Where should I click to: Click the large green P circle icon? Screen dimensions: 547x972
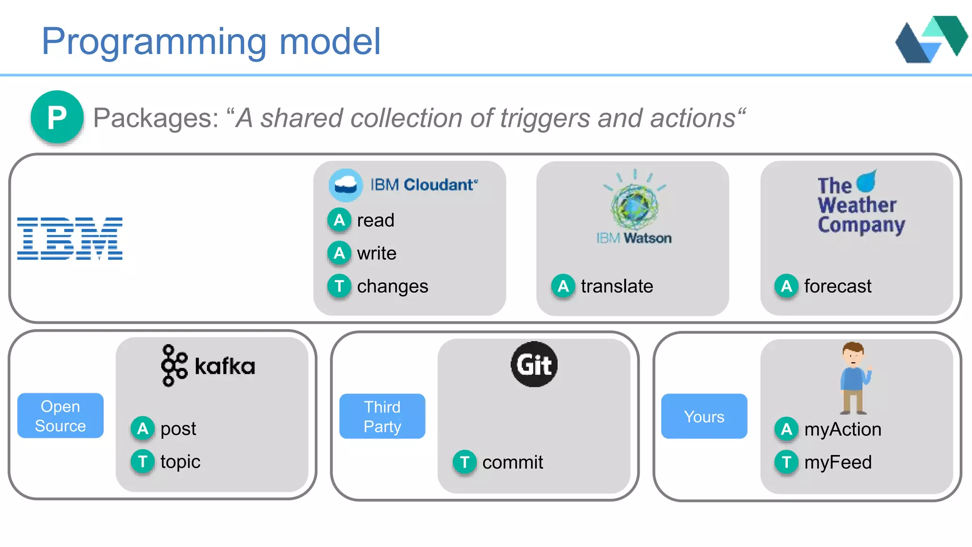pos(57,117)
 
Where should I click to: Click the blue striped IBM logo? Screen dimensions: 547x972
pos(70,238)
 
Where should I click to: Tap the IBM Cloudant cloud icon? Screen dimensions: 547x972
pos(346,185)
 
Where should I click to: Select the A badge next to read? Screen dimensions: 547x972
pos(339,220)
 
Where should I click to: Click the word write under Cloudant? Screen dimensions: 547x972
pos(376,253)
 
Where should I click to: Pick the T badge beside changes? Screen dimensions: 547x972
pos(339,286)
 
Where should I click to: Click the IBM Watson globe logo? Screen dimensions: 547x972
pos(635,205)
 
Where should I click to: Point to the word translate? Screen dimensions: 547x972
pos(617,286)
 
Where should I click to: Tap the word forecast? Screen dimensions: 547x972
pos(838,286)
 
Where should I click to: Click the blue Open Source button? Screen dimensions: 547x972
pos(60,415)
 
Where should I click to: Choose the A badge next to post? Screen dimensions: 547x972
pos(142,428)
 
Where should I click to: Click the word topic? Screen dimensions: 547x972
pos(180,462)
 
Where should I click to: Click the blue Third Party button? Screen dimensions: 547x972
pos(382,416)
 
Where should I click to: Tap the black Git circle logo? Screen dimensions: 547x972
pos(534,364)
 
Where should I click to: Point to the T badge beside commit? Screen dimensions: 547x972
pos(464,462)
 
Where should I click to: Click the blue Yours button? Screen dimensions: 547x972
pos(704,416)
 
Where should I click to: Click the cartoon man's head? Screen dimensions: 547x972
pos(853,354)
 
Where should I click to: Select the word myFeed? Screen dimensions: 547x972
pos(838,462)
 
